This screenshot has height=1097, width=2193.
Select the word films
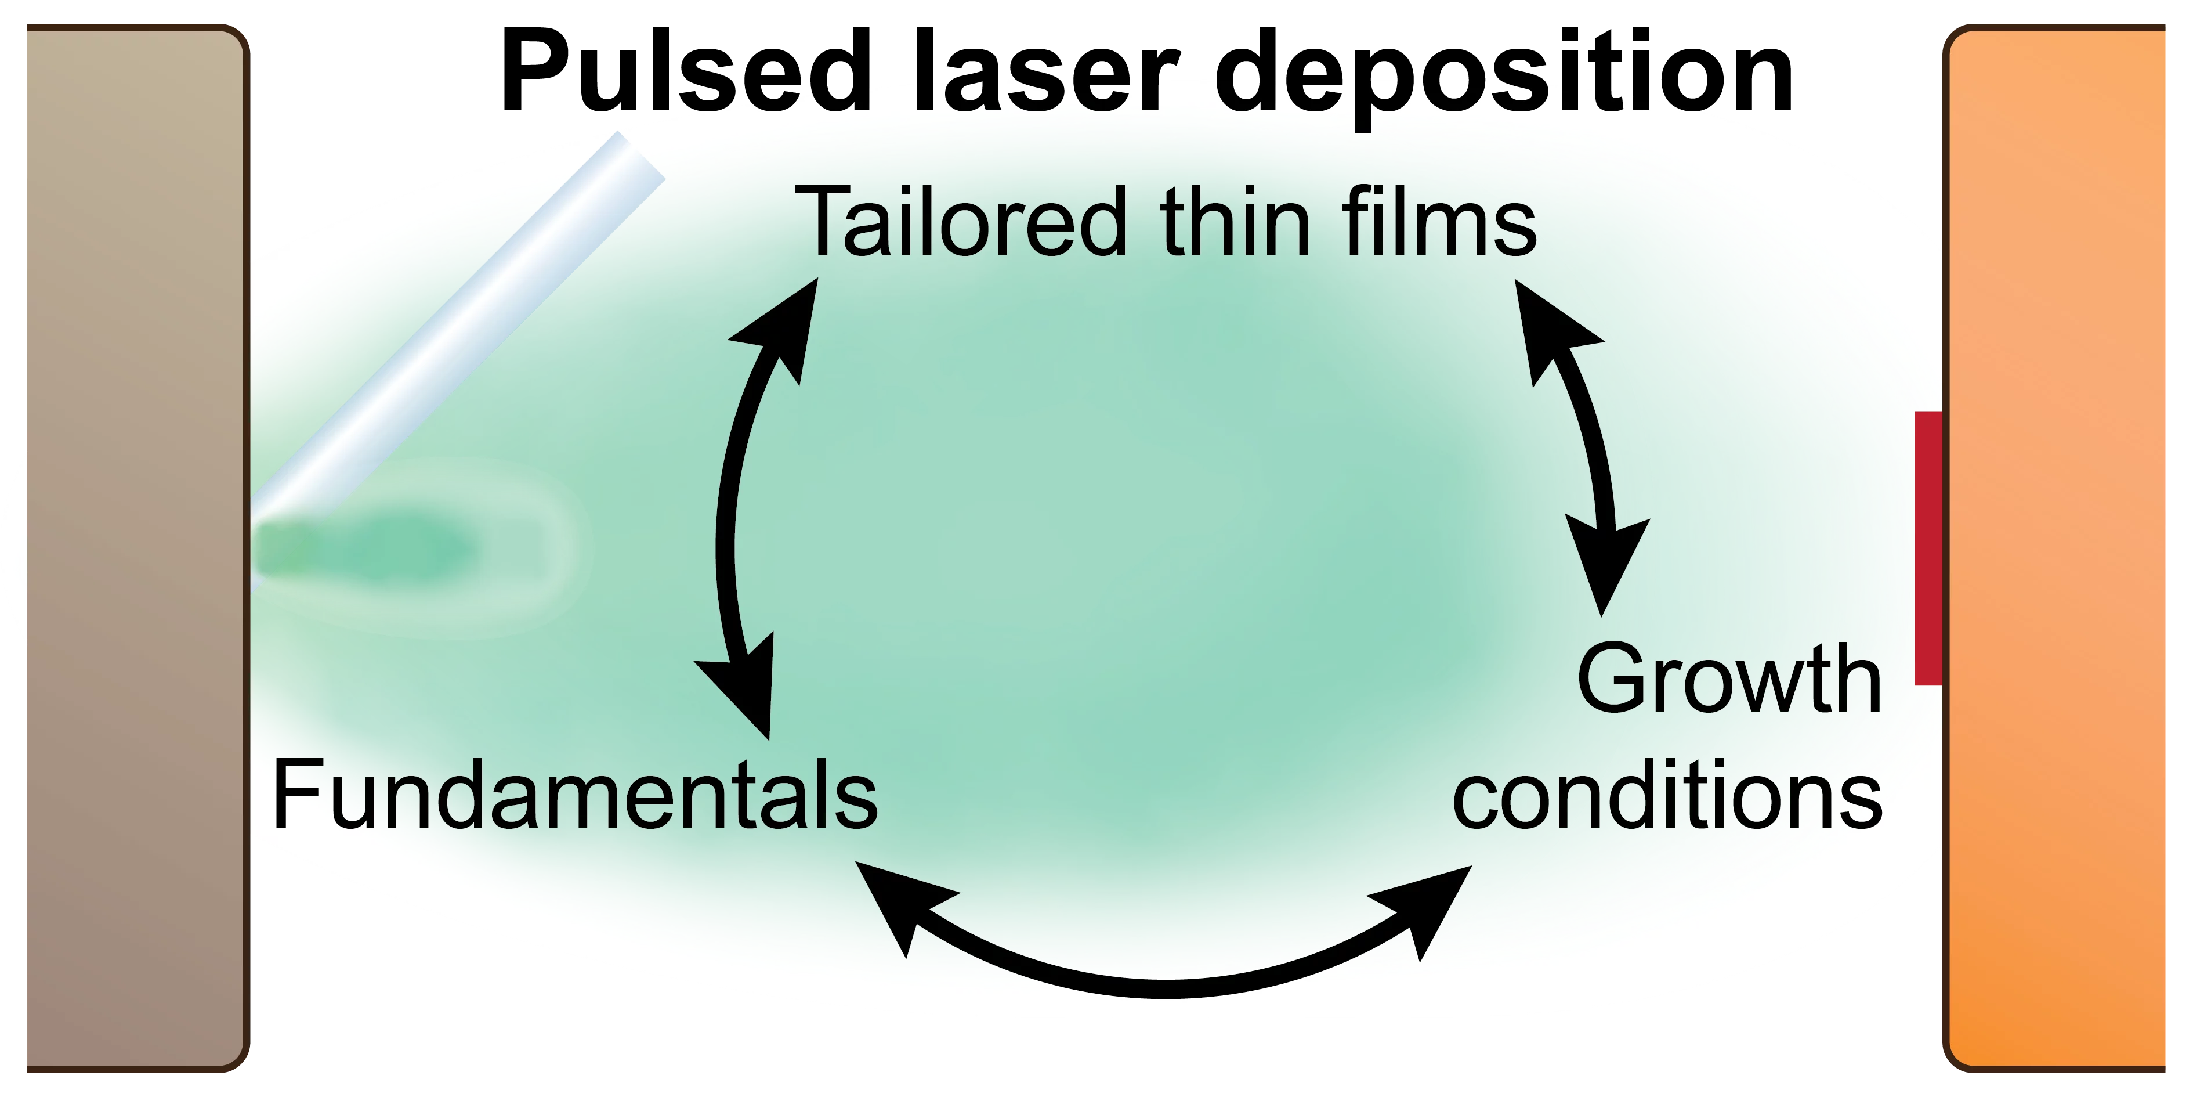[x=1439, y=223]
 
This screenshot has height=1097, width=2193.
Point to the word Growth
[x=1728, y=680]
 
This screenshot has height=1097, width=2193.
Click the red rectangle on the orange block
[x=1928, y=548]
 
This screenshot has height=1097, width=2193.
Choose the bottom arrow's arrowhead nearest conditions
[x=1430, y=907]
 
